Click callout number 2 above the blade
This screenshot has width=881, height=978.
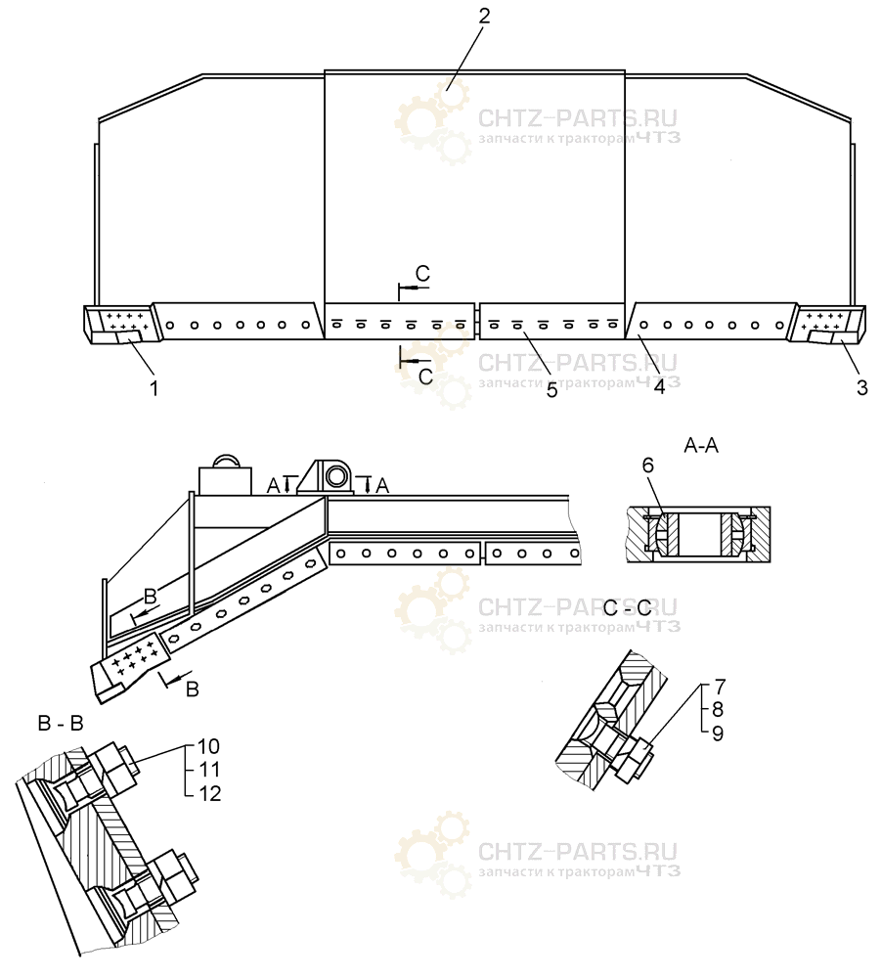(484, 17)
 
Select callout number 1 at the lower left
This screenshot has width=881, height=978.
(154, 388)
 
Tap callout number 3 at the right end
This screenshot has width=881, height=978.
(861, 387)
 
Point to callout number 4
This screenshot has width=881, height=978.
(659, 386)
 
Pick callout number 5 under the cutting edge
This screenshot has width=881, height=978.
(551, 390)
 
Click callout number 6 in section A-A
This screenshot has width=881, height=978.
(648, 466)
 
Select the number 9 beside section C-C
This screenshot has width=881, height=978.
(717, 733)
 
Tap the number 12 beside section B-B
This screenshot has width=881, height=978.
(209, 793)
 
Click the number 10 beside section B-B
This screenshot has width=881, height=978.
(209, 746)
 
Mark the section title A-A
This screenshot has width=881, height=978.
(701, 445)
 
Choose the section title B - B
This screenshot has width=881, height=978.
(61, 723)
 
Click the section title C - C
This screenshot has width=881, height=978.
(627, 607)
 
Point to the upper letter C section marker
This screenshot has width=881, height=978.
(422, 273)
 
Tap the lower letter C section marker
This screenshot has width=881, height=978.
(425, 377)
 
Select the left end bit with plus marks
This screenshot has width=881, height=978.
(121, 324)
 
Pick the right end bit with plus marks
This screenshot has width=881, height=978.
(826, 324)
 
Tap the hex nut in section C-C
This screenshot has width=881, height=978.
(634, 759)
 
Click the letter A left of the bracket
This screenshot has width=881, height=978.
(274, 485)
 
